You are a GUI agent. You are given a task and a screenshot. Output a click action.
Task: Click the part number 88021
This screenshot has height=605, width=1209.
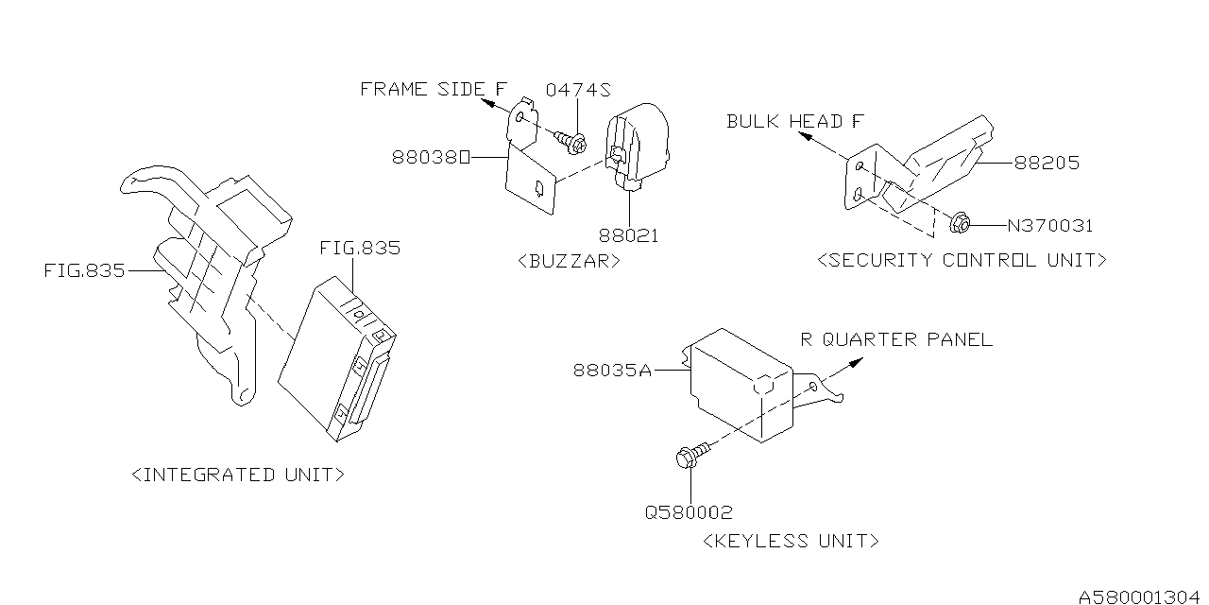tap(627, 234)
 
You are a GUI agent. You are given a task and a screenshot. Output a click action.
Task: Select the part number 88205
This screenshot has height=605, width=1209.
tap(1046, 164)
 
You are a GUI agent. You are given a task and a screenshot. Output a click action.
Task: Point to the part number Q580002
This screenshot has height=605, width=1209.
tap(689, 512)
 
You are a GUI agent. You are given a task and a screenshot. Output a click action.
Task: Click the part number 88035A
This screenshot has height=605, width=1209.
tap(612, 371)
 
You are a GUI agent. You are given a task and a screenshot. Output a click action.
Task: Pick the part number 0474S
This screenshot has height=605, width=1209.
tap(578, 91)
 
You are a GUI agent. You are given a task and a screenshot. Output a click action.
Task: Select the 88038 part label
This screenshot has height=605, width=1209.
tap(431, 158)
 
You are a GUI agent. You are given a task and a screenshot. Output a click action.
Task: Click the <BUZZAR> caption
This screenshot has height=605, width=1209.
tap(570, 261)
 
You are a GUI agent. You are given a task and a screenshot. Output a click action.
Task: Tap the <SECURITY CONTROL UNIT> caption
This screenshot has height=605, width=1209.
tap(962, 260)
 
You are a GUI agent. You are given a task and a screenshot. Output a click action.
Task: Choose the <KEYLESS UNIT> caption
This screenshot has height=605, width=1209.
tap(792, 541)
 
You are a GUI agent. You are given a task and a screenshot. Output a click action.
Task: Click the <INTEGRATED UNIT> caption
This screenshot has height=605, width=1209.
tap(237, 475)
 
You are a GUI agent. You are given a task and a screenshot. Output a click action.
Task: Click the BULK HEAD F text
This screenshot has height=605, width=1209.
tap(795, 121)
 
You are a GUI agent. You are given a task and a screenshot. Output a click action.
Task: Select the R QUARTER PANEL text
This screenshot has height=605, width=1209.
tap(896, 339)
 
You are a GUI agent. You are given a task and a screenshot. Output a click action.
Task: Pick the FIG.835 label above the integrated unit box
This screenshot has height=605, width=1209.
tap(359, 249)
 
